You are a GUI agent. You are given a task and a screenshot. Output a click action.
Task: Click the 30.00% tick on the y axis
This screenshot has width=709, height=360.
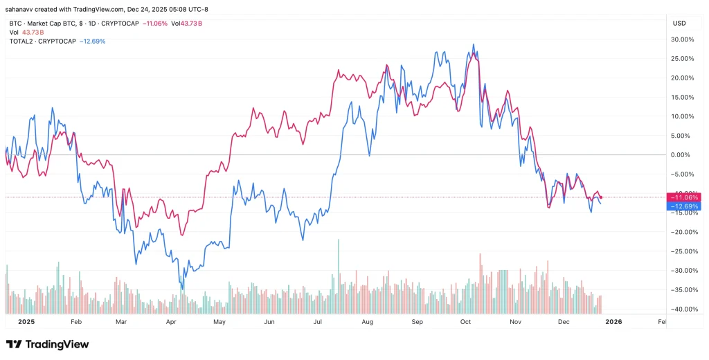tap(683, 39)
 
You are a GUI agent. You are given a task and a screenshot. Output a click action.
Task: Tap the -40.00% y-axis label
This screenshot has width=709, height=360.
tap(683, 309)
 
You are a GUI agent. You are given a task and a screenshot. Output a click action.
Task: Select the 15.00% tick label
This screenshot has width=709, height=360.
tap(683, 97)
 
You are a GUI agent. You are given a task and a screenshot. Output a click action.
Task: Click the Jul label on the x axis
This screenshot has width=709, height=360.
tap(318, 322)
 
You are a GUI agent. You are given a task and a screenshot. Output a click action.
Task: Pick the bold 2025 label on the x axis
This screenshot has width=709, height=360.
tap(26, 322)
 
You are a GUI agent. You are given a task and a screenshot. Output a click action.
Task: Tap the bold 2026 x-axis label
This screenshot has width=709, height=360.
tap(613, 322)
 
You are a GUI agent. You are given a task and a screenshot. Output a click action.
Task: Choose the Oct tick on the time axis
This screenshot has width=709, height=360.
tap(466, 322)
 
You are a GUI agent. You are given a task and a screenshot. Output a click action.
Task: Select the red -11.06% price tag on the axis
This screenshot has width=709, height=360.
tap(683, 197)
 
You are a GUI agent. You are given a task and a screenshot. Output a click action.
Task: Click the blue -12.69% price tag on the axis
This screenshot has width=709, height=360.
tap(683, 206)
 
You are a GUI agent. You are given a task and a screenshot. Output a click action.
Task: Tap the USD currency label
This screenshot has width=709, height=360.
tap(679, 24)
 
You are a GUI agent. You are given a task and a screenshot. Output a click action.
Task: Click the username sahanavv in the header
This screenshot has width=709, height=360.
tap(21, 9)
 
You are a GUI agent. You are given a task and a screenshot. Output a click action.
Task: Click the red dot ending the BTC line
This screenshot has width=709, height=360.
tap(600, 197)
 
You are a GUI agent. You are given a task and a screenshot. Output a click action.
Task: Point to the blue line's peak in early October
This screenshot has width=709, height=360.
tap(474, 45)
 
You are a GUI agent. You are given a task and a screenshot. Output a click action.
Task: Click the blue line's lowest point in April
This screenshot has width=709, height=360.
tap(182, 289)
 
